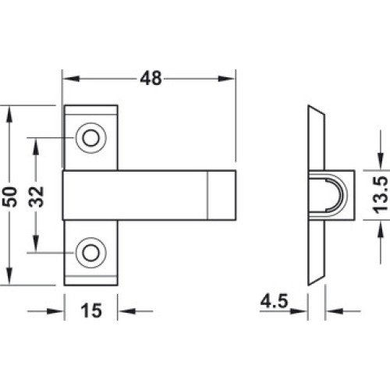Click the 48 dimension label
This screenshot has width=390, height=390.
[x=151, y=79]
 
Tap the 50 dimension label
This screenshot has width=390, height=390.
[x=12, y=197]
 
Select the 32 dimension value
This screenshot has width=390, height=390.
[x=36, y=197]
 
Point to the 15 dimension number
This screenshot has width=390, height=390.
[x=91, y=310]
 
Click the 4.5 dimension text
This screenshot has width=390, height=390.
[x=274, y=301]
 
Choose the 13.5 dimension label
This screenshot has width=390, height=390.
[x=380, y=195]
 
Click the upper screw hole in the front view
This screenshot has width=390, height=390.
[x=91, y=138]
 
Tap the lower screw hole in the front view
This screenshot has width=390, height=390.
[x=91, y=253]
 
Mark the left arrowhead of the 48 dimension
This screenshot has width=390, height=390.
[x=71, y=79]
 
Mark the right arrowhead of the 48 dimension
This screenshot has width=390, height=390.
[x=226, y=79]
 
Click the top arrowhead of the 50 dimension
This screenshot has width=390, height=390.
[x=9, y=114]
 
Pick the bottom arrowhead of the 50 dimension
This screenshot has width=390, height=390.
[x=9, y=276]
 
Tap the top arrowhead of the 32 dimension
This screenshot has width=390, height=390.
[x=36, y=147]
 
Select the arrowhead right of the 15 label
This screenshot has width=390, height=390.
[x=127, y=310]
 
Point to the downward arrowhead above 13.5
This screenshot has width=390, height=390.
[x=381, y=161]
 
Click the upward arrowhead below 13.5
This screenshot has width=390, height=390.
[x=381, y=229]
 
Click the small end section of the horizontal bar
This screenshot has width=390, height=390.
[x=222, y=195]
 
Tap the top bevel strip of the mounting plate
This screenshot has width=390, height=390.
[x=91, y=110]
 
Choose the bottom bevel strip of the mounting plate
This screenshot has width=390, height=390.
[x=91, y=281]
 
